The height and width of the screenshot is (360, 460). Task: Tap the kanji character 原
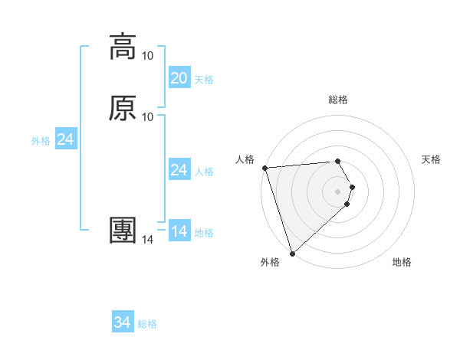coord(123,107)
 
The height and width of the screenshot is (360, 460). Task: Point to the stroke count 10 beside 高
coord(148,55)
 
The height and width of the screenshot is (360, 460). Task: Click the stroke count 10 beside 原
coord(148,116)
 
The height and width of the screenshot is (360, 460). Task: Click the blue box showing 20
coord(179,77)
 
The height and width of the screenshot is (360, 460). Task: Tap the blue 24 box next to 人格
coord(179,170)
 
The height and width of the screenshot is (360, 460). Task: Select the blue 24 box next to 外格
coord(66,139)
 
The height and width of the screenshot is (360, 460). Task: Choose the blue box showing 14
coord(179,231)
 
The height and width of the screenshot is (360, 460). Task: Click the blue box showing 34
coord(123,322)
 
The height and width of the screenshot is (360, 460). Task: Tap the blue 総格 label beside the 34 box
coord(147,324)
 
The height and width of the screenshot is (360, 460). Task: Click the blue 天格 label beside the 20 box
coord(204,80)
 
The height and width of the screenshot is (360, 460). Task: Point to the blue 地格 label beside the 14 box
coord(204,233)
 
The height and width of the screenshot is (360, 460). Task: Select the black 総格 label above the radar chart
coord(338,100)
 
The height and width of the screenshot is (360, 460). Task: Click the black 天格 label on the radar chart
coord(432,159)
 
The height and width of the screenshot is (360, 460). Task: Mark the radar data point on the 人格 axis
coord(264,168)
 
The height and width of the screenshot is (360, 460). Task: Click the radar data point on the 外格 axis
coord(292,253)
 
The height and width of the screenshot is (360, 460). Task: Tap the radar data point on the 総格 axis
coord(338,161)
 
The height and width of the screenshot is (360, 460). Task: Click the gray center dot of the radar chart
coord(338,191)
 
